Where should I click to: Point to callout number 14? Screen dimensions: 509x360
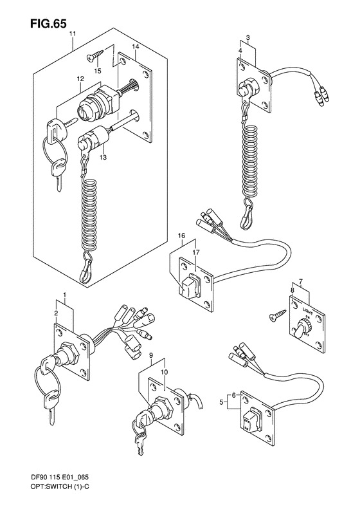135,48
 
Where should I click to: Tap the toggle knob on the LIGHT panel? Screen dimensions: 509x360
300,329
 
